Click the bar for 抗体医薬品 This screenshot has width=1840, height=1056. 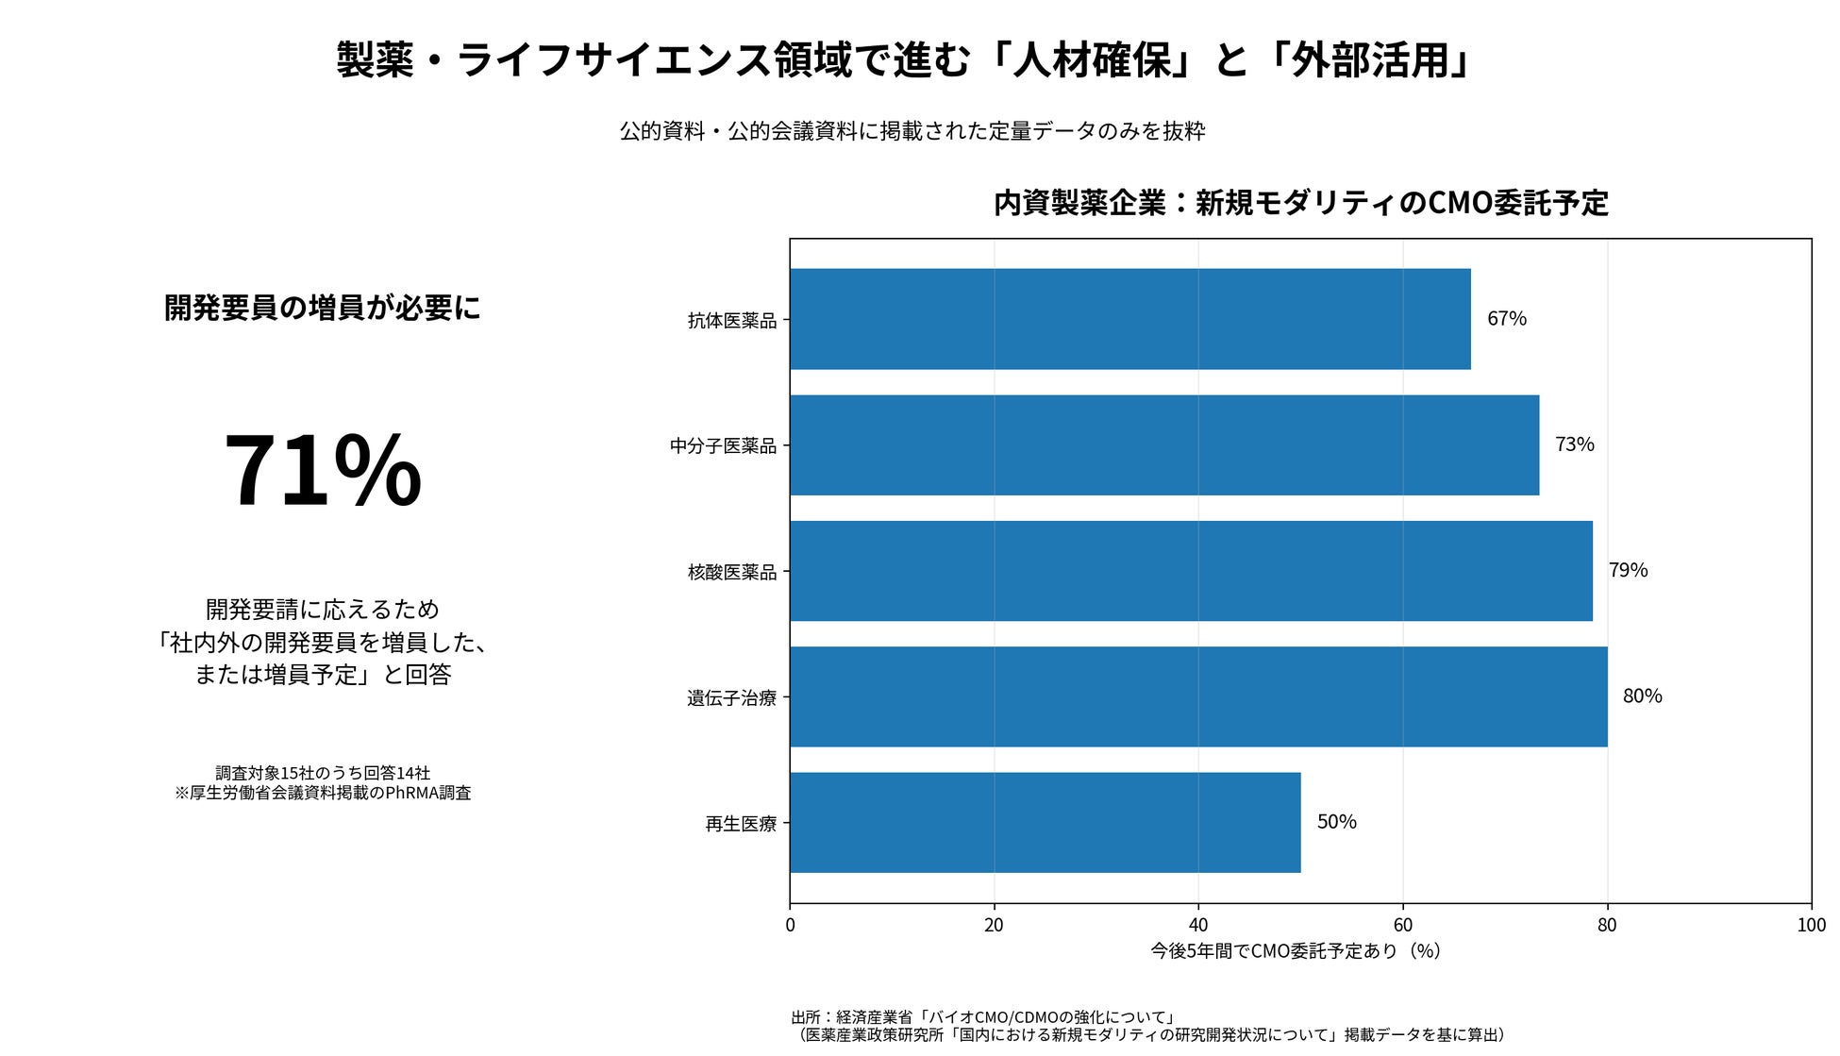[1130, 319]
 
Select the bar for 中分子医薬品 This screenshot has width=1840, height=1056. [1164, 445]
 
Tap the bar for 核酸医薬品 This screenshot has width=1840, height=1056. [1192, 571]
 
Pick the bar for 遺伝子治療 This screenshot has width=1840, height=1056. [1199, 696]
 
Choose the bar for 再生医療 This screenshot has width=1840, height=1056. [1045, 823]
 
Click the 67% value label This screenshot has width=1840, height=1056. [1507, 319]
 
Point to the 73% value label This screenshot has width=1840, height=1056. [1575, 444]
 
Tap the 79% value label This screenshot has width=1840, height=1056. [1629, 570]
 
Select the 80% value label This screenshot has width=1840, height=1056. [1643, 696]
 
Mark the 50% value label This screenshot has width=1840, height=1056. [1337, 822]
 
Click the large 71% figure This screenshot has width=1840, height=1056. [323, 471]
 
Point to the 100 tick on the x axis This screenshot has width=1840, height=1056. [1812, 926]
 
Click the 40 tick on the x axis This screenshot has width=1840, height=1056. [1198, 926]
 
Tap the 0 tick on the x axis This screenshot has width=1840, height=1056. [791, 926]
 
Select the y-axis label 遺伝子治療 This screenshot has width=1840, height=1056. [732, 698]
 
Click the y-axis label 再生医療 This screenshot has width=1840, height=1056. [742, 824]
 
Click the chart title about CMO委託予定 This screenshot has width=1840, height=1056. [1301, 203]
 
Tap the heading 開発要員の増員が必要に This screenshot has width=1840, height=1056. [323, 308]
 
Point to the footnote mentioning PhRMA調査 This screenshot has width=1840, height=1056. [323, 793]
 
